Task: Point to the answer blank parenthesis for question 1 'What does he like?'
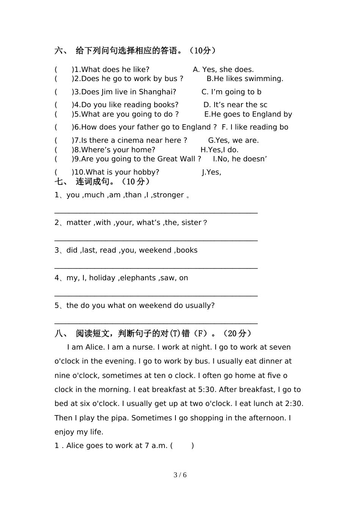tap(64, 70)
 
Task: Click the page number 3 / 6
tap(180, 475)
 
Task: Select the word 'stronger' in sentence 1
tap(168, 195)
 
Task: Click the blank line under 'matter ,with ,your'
tap(156, 240)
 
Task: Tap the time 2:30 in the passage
tap(293, 404)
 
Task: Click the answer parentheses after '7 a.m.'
tap(182, 446)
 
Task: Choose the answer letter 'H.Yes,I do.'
tap(219, 150)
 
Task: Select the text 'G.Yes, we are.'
tap(233, 141)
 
